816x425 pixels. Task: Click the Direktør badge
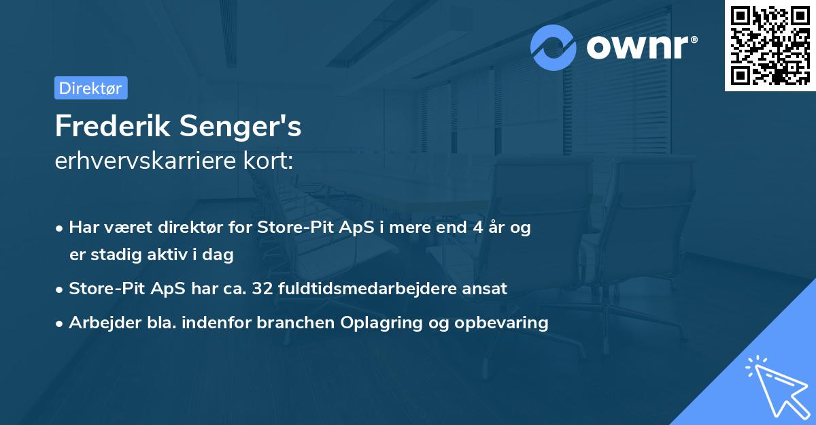90,88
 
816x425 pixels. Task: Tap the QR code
770,45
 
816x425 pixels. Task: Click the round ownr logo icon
554,48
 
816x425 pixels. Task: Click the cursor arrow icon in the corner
775,388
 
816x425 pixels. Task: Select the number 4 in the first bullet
480,228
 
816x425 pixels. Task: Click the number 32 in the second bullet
262,288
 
